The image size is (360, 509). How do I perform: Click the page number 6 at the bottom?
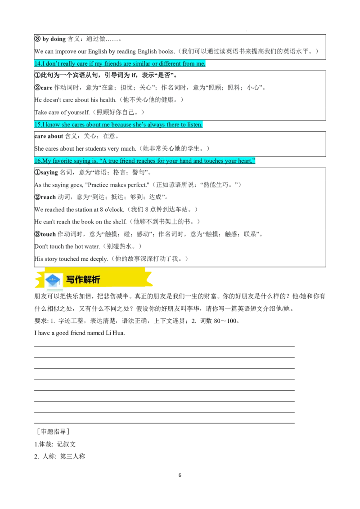180,475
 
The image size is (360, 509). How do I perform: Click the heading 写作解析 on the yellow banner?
83,280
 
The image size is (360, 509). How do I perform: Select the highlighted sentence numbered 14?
120,64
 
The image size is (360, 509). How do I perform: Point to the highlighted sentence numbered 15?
118,125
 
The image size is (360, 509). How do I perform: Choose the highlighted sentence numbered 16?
144,161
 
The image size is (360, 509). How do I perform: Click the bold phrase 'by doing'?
54,39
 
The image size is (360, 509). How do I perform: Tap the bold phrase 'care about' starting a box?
49,136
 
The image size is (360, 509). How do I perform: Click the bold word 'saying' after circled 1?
49,173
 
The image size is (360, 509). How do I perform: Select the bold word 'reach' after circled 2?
48,197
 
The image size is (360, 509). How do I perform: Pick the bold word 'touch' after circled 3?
48,234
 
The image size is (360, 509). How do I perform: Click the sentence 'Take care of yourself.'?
62,112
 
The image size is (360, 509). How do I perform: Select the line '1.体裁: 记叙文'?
55,444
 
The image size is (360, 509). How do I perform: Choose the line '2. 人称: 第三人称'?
60,456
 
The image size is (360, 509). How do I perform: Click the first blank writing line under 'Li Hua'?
164,347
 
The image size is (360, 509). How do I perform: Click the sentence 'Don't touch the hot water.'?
67,246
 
